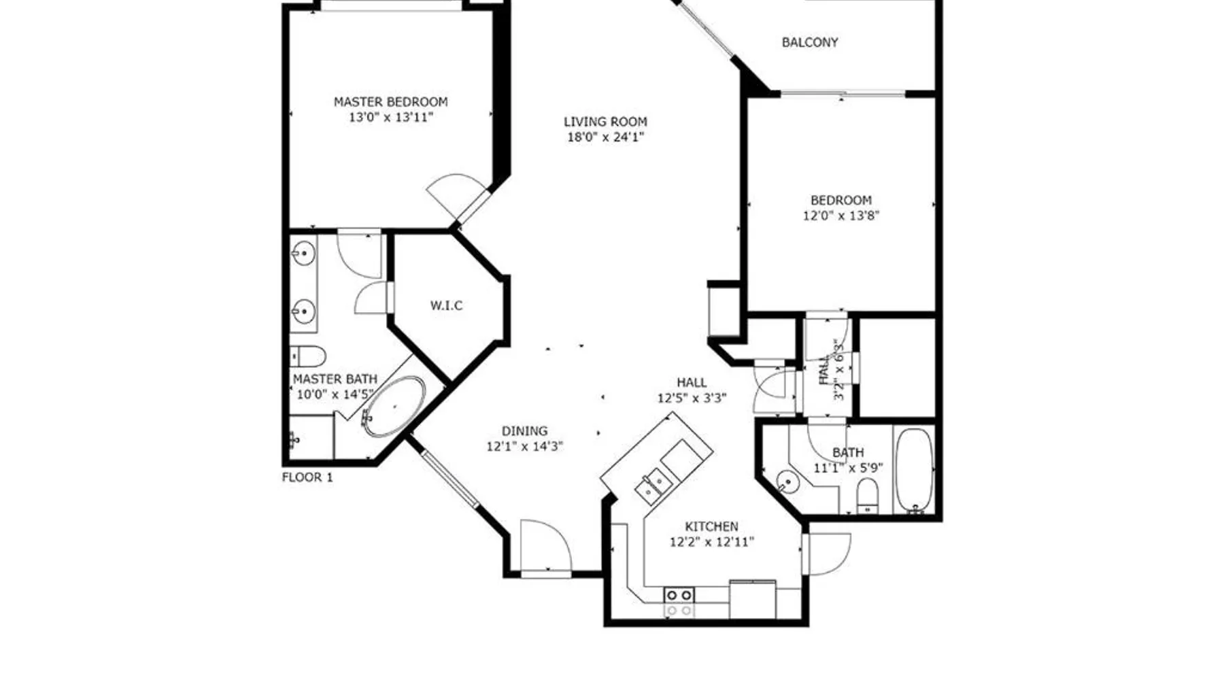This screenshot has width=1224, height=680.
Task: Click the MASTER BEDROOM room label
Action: click(390, 102)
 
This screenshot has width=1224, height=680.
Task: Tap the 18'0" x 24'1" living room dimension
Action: click(605, 137)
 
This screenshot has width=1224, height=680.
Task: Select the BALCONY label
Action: click(810, 42)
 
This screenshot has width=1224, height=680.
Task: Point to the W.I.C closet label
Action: click(446, 306)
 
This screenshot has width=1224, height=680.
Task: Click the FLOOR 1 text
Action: click(307, 477)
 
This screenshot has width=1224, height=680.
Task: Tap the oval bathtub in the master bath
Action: click(394, 407)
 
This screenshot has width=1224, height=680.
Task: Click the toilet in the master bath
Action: click(307, 356)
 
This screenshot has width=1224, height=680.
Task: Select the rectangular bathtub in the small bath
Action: click(915, 469)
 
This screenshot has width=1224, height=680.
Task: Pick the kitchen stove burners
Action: click(679, 602)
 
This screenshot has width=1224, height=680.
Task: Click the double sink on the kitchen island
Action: click(653, 483)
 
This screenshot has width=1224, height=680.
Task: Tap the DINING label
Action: click(524, 431)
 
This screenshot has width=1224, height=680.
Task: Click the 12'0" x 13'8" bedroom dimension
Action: click(841, 216)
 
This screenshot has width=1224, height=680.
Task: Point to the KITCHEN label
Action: click(711, 527)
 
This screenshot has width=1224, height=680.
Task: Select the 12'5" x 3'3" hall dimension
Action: click(692, 398)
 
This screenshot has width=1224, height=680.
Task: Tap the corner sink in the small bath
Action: click(787, 483)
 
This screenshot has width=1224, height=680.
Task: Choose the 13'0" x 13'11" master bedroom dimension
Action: click(390, 118)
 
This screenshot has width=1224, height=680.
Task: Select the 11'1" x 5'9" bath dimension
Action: click(848, 468)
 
